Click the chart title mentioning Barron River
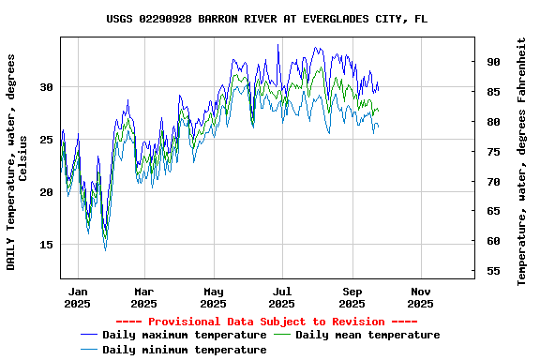coord(267,19)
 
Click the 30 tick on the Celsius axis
coord(46,87)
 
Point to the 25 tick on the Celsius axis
coord(46,140)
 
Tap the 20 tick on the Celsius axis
coord(46,192)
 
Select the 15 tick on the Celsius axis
coord(46,245)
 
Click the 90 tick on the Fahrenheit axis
coord(493,62)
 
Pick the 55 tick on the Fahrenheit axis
coord(493,272)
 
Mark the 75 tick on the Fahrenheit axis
coord(493,152)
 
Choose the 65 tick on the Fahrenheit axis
coord(493,212)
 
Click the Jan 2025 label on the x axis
coord(78,297)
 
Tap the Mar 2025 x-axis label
coord(143,297)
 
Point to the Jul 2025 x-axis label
coord(282,297)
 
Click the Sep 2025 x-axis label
coord(352,297)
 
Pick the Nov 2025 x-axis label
coord(421,297)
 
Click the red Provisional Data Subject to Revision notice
coord(266,322)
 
